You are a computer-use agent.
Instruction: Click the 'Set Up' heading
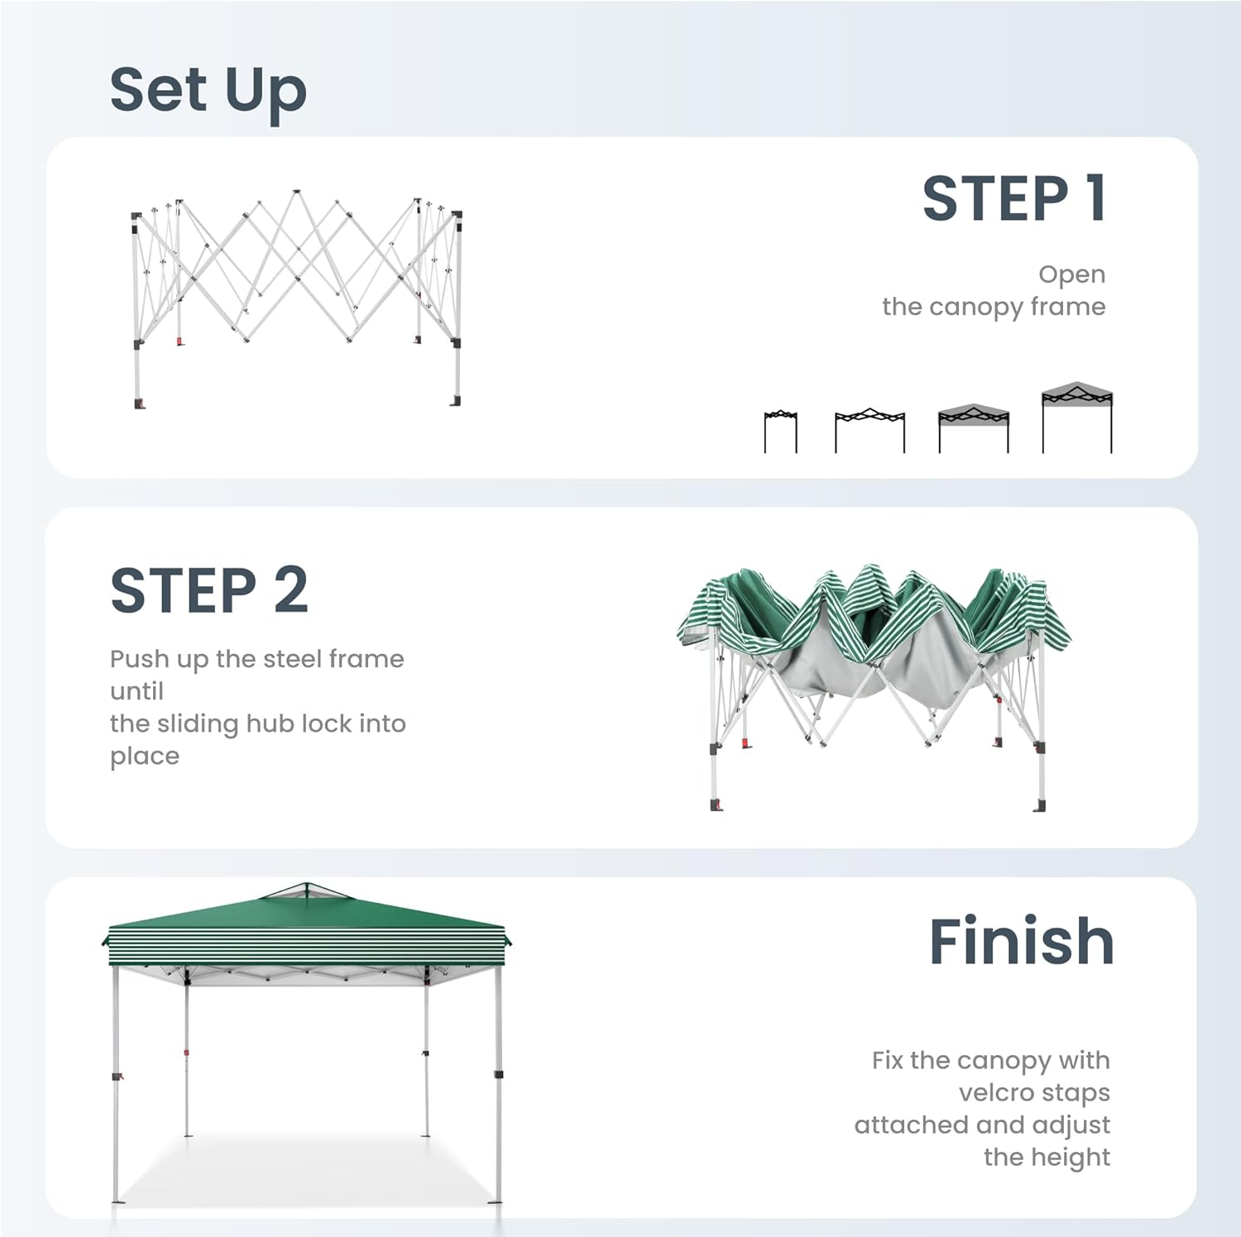pos(208,91)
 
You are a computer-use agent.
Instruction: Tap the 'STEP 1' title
pos(1014,198)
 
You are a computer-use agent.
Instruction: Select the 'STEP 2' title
pos(209,590)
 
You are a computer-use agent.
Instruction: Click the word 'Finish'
pos(1022,941)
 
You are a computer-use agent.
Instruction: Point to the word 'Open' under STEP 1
pos(1072,275)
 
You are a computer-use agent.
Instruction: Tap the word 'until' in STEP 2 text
pos(137,691)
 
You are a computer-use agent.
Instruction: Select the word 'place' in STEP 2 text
pos(145,757)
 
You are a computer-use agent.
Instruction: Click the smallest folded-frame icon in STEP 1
pos(780,431)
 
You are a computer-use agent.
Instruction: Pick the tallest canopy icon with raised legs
pos(1076,418)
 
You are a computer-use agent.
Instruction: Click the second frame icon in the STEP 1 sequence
pos(870,430)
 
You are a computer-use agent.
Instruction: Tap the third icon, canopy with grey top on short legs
pos(974,428)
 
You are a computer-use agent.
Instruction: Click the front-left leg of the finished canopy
pos(116,1083)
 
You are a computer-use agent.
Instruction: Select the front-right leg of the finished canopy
pos(498,1083)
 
